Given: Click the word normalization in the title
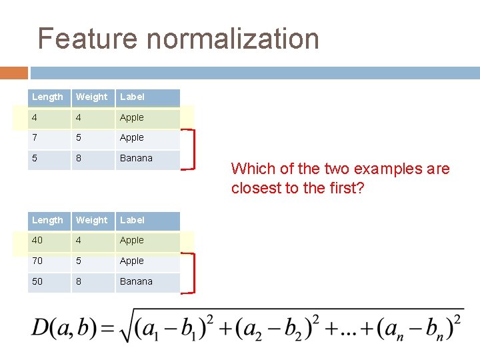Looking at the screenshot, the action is [233, 39].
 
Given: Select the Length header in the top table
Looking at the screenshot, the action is [47, 97].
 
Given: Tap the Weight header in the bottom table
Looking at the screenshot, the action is [91, 221].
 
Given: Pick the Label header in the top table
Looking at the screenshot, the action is [132, 97].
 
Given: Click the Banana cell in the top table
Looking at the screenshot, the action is [136, 159].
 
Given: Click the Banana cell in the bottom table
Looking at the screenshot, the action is [136, 282].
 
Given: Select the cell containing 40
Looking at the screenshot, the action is [37, 241].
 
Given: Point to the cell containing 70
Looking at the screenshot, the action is [37, 261].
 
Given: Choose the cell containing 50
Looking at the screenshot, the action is [37, 282].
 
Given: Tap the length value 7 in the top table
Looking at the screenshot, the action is [34, 138].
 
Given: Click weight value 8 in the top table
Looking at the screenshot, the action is [79, 159].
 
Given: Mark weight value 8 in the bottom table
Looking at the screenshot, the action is [79, 282].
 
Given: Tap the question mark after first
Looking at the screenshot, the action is [360, 188].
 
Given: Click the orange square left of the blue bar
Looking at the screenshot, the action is [14, 72].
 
